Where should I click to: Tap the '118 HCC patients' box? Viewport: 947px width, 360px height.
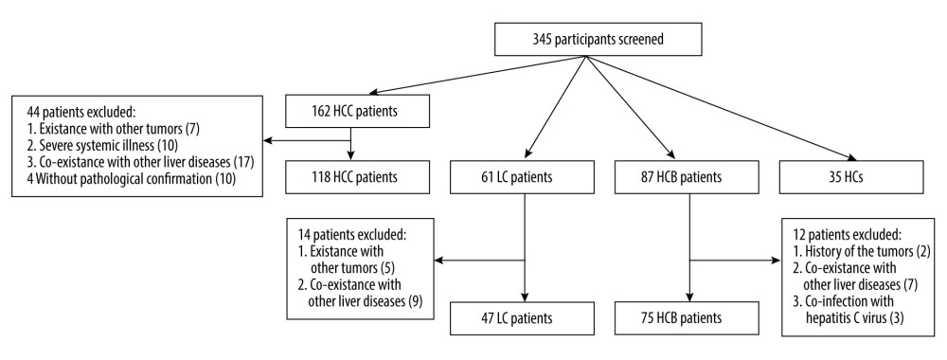pyautogui.click(x=351, y=176)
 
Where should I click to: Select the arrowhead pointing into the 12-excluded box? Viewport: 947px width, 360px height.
pyautogui.click(x=778, y=259)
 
